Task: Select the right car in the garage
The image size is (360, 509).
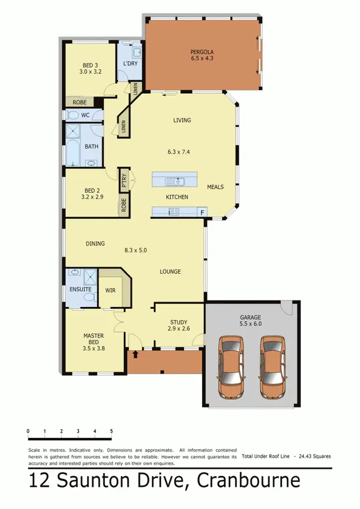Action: pos(272,367)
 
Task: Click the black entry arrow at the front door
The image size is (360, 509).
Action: pos(135,354)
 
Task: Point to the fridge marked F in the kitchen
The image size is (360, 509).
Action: pos(203,211)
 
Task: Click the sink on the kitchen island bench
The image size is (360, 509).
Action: pos(175,182)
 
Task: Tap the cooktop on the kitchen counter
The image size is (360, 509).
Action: pos(174,211)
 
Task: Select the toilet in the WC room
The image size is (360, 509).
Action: pos(72,115)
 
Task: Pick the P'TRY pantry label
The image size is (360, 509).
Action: pos(124,180)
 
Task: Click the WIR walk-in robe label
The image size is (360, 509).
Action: pos(110,290)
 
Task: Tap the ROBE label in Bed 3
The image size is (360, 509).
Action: pos(79,102)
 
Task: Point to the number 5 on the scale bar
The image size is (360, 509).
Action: pos(111,431)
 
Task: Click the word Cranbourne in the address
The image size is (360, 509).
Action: pos(247,480)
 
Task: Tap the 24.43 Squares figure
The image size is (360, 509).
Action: pos(314,456)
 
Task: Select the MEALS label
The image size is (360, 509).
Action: pos(215,187)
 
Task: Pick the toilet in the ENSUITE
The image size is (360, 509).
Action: pos(88,298)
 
